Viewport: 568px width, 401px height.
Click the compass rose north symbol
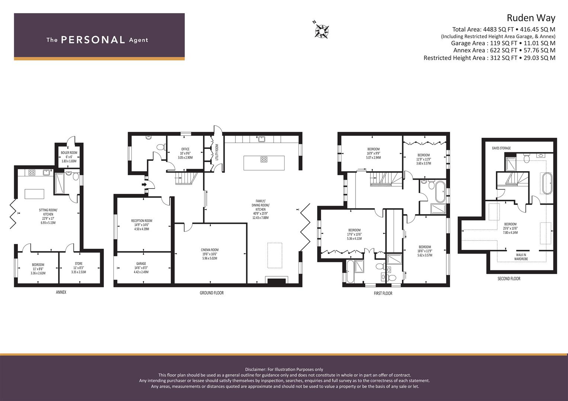coord(321,30)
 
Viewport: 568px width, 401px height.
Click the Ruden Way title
coord(531,18)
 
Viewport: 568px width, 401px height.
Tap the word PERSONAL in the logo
coord(93,40)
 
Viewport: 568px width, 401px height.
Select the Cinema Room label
coord(210,254)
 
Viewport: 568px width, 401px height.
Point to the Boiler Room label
coord(69,157)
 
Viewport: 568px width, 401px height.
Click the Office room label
coord(185,153)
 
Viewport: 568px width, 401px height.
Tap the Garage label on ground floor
coord(141,268)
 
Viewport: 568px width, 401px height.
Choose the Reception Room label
coord(141,225)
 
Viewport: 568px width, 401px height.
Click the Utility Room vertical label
coord(217,152)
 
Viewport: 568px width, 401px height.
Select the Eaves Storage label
coord(501,148)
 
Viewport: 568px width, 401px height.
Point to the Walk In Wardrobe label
coord(521,257)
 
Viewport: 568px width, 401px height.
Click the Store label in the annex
coord(78,268)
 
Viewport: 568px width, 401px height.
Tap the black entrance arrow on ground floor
coord(144,185)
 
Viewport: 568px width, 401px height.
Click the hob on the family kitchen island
coord(264,160)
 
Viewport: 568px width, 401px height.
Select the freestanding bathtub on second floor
coord(547,183)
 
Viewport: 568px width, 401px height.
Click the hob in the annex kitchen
coord(32,173)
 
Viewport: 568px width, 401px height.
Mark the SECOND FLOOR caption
coord(508,279)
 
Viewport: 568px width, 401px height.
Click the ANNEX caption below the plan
coord(61,292)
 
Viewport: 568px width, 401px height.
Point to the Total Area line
coord(504,29)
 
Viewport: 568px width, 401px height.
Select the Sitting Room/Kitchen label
coord(48,216)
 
